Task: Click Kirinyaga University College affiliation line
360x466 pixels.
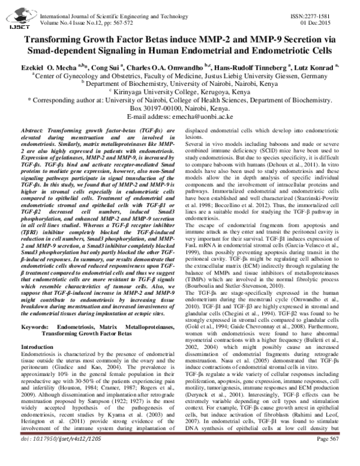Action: coord(180,94)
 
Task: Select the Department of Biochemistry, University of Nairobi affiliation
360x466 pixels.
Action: coord(180,85)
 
